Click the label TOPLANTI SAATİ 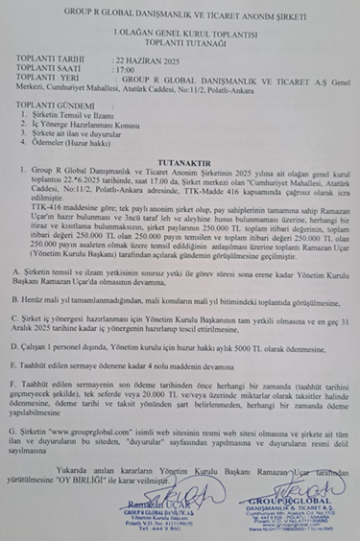(59, 70)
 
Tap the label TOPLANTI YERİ (56, 81)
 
